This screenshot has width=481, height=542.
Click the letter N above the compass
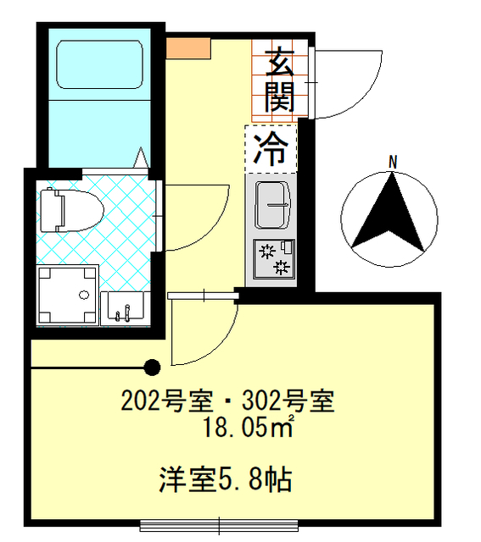(393, 161)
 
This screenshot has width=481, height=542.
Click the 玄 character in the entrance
(280, 64)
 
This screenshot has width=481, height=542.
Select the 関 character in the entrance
(280, 97)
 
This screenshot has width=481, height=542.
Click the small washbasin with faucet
(124, 307)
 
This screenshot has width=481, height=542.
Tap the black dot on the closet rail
(152, 367)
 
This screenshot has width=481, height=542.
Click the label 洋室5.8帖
(225, 480)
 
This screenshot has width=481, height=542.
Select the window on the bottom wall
(221, 523)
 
